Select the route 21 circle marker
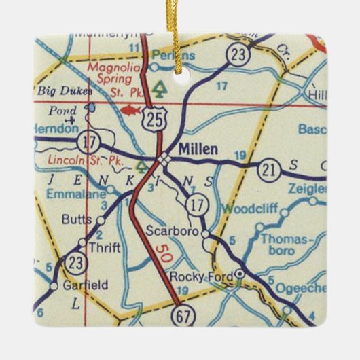270,170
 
